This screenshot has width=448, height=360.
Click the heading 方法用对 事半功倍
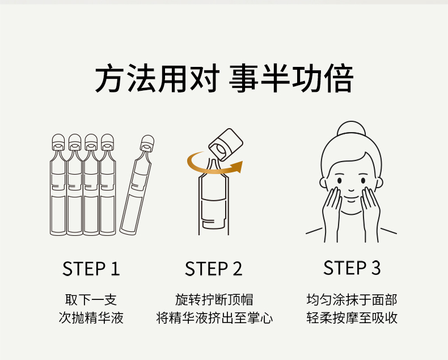pos(224,78)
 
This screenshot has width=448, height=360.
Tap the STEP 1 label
pos(91,269)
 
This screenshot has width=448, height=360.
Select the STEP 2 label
pos(213,269)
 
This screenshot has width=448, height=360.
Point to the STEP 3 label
pos(352,268)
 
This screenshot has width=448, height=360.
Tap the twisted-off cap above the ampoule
pos(226,145)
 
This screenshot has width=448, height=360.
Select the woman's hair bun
pos(351,129)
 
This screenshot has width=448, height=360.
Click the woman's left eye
pos(340,181)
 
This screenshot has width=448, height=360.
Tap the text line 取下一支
pos(91,300)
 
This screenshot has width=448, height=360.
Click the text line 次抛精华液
pos(91,317)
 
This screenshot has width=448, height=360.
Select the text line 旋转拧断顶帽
pos(214,300)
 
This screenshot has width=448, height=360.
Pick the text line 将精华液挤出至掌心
pos(214,317)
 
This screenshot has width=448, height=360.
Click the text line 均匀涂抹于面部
pos(352,300)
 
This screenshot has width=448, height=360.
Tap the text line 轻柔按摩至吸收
pos(352,317)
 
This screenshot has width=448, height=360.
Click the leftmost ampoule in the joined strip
pos(58,185)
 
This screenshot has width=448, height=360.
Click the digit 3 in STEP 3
pos(376,268)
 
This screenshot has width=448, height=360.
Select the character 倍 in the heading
pos(339,78)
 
